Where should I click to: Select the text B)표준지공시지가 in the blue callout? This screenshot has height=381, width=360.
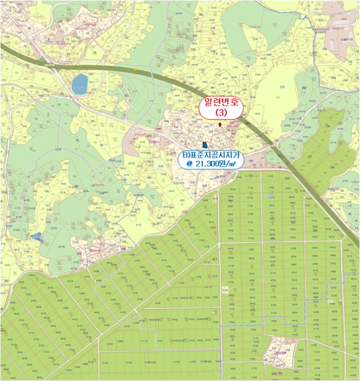pyautogui.click(x=210, y=154)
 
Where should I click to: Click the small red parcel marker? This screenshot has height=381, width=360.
pyautogui.click(x=220, y=125)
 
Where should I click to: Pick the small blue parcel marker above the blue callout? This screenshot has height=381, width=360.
pyautogui.click(x=204, y=145)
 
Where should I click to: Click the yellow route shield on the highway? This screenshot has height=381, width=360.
pyautogui.click(x=134, y=70)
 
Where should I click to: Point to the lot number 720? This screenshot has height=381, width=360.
pyautogui.click(x=328, y=126)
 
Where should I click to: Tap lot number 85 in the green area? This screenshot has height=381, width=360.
pyautogui.click(x=78, y=140)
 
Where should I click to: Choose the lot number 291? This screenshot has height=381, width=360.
pyautogui.click(x=77, y=187)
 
